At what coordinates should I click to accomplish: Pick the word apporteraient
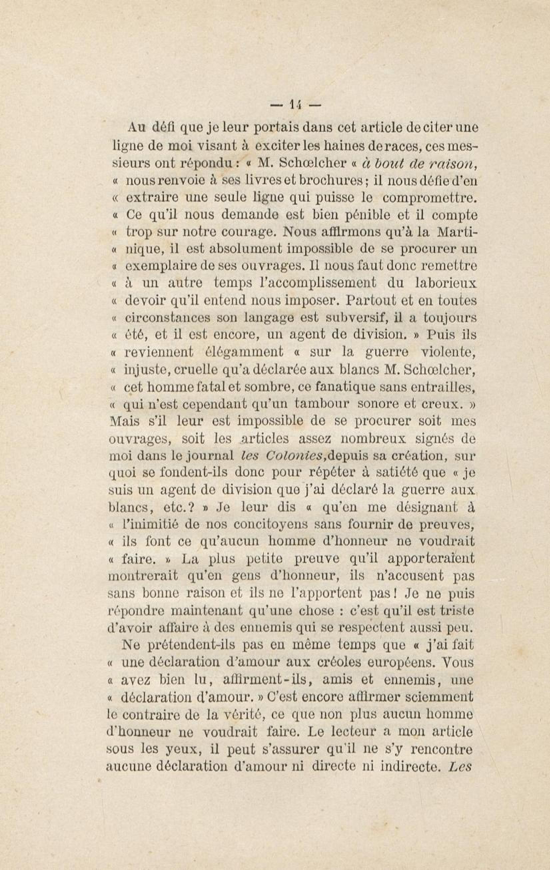pos(431,559)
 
